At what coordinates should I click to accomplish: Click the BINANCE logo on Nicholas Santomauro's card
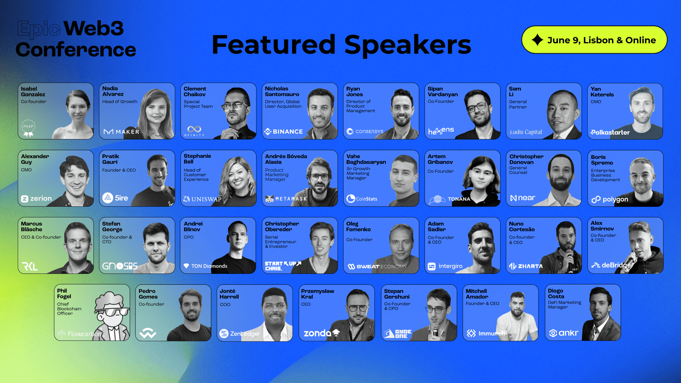coord(283,132)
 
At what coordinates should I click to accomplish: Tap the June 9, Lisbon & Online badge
coord(594,40)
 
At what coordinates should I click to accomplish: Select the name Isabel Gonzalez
coord(33,91)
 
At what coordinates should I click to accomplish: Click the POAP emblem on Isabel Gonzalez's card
coord(28,128)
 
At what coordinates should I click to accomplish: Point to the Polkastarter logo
coord(610,132)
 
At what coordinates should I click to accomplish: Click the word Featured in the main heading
coord(273,45)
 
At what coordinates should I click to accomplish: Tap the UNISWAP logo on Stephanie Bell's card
coord(202,199)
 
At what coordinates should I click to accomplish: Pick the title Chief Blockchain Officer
coord(69,309)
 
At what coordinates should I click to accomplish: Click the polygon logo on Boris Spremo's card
coord(610,199)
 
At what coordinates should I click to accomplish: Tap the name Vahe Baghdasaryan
coord(366,159)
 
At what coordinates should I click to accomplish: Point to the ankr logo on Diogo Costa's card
coord(564,333)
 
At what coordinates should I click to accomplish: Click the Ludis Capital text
coord(526,132)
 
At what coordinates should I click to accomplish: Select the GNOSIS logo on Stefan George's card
coord(120,266)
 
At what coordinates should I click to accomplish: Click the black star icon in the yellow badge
coord(537,40)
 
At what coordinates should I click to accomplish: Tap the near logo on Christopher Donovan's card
coord(522,198)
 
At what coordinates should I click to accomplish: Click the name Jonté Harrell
coord(229,294)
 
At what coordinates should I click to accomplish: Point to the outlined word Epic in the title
coord(39,28)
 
